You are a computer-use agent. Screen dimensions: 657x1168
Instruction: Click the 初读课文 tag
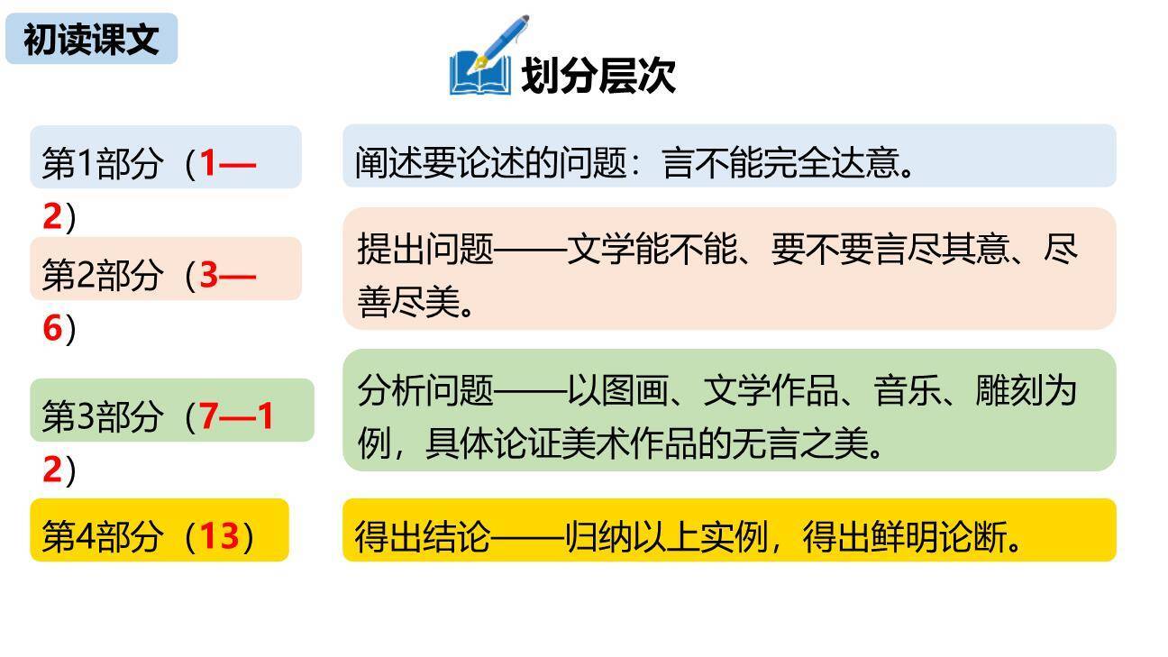pos(91,40)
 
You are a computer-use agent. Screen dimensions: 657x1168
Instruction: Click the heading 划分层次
pos(598,76)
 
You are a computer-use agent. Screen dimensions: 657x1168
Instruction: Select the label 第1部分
pos(102,164)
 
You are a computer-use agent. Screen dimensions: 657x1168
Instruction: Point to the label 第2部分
pos(102,276)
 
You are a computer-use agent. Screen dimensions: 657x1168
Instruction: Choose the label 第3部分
pos(102,416)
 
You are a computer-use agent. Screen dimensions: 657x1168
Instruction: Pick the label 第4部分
pos(102,537)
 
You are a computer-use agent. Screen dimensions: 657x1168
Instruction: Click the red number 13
pos(219,537)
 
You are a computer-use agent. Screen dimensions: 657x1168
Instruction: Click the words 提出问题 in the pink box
pos(425,249)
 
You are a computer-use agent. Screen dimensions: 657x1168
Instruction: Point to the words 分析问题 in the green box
pos(425,391)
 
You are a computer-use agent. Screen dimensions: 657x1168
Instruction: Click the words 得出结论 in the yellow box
pos(423,538)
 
